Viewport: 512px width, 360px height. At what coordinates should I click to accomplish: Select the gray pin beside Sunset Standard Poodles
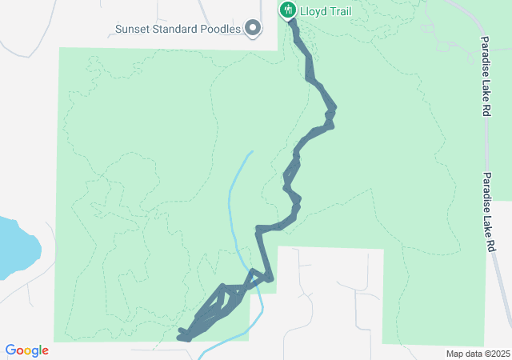[x=254, y=30]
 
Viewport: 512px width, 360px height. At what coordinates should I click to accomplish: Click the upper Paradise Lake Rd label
[x=485, y=76]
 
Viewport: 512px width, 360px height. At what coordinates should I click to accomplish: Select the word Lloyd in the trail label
[x=312, y=10]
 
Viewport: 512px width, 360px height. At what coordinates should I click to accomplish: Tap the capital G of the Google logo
[x=10, y=350]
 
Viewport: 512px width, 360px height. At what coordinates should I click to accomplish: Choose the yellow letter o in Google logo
[x=29, y=351]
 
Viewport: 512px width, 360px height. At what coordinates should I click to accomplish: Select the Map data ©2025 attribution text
[x=478, y=354]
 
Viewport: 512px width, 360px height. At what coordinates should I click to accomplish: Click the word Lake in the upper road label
[x=485, y=86]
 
